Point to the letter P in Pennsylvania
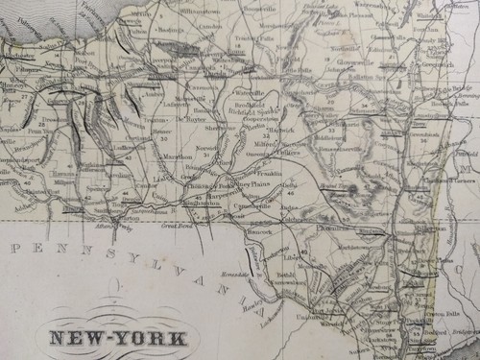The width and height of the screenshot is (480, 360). click(13, 248)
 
